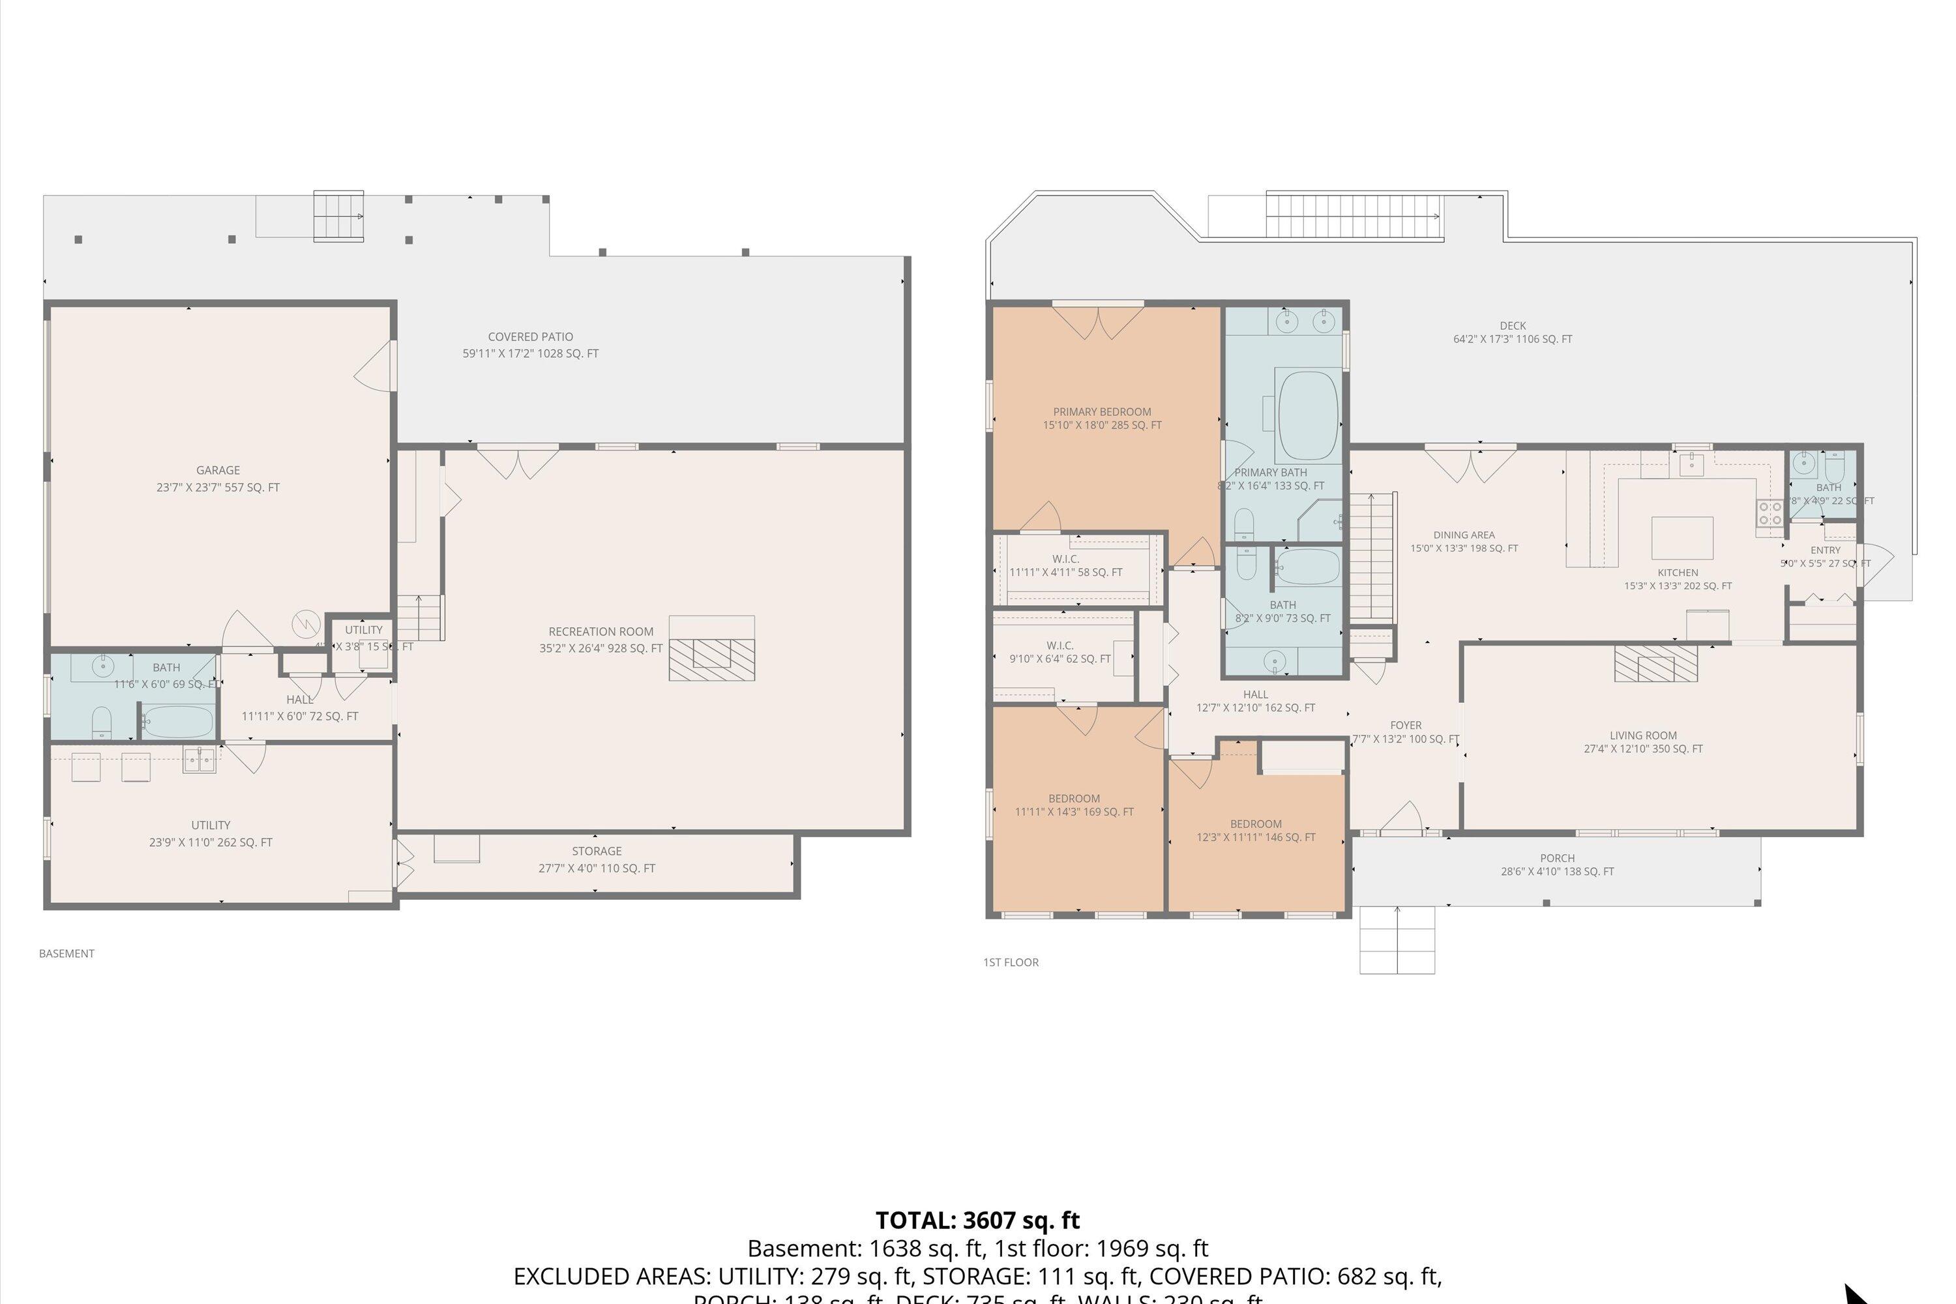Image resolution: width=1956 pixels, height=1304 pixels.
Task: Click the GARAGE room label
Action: [218, 471]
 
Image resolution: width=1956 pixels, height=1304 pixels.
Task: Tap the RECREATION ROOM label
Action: [600, 632]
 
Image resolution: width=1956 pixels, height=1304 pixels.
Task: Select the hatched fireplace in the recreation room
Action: [712, 659]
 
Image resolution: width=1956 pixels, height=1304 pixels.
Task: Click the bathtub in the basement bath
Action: [177, 721]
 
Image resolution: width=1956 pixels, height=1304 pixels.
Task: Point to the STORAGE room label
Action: [597, 852]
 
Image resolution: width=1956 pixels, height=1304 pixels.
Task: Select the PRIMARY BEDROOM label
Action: [1102, 411]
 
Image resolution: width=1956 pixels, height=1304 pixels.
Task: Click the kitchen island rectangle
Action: [1682, 538]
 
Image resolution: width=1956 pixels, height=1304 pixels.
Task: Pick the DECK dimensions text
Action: [1512, 339]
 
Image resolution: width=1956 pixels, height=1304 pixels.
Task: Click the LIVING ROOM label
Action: [1642, 735]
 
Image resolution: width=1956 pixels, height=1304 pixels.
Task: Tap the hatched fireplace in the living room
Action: [1655, 664]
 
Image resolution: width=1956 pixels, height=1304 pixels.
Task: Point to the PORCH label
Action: [1557, 858]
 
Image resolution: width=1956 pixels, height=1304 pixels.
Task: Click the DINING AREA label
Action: [1464, 535]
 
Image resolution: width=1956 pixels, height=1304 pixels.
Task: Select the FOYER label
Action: [1406, 725]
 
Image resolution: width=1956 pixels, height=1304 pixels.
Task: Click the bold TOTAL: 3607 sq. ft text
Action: [977, 1221]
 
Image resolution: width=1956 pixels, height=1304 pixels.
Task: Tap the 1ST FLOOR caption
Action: [1011, 962]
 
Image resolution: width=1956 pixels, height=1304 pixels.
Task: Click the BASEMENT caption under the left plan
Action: [67, 954]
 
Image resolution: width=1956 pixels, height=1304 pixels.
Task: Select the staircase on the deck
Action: [1353, 215]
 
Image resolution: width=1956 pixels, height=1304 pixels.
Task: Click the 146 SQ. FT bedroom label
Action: [1256, 837]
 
